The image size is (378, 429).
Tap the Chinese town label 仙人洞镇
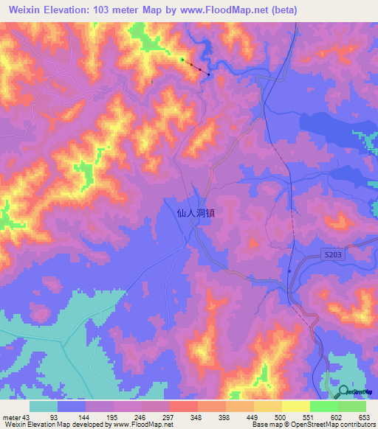196,212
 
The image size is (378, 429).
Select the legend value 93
54,416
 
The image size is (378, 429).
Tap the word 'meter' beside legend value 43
11,416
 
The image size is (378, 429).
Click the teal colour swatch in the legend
44,406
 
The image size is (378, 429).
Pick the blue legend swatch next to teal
72,406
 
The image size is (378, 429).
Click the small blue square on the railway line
289,270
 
